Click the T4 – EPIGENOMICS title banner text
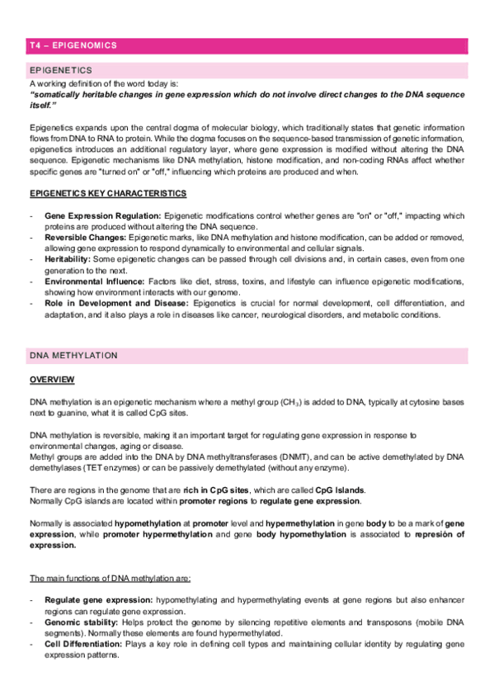[x=73, y=45]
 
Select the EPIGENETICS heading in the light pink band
[x=61, y=70]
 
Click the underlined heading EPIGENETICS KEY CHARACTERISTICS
[x=107, y=193]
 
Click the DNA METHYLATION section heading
[x=73, y=355]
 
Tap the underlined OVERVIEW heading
[x=52, y=379]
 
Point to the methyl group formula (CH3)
[x=290, y=401]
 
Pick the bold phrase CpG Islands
[x=342, y=489]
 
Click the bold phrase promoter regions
[x=209, y=499]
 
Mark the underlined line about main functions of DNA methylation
[x=106, y=575]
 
